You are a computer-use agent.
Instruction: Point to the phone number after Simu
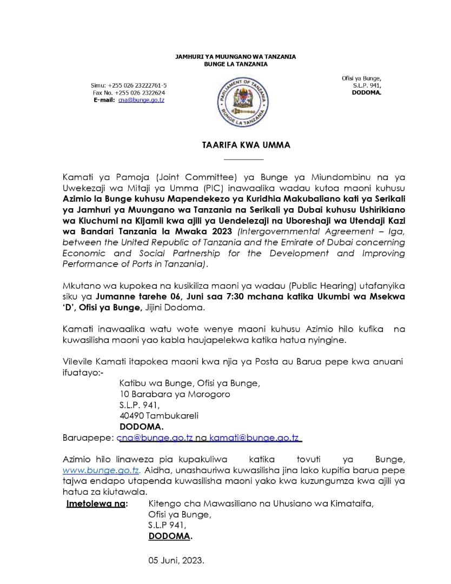click(x=137, y=85)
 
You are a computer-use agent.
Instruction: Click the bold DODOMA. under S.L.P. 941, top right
click(x=366, y=92)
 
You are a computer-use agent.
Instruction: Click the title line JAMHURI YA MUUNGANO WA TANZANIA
click(x=235, y=57)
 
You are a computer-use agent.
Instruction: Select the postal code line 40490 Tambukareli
click(x=159, y=416)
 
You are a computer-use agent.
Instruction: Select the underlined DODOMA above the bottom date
click(x=170, y=536)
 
